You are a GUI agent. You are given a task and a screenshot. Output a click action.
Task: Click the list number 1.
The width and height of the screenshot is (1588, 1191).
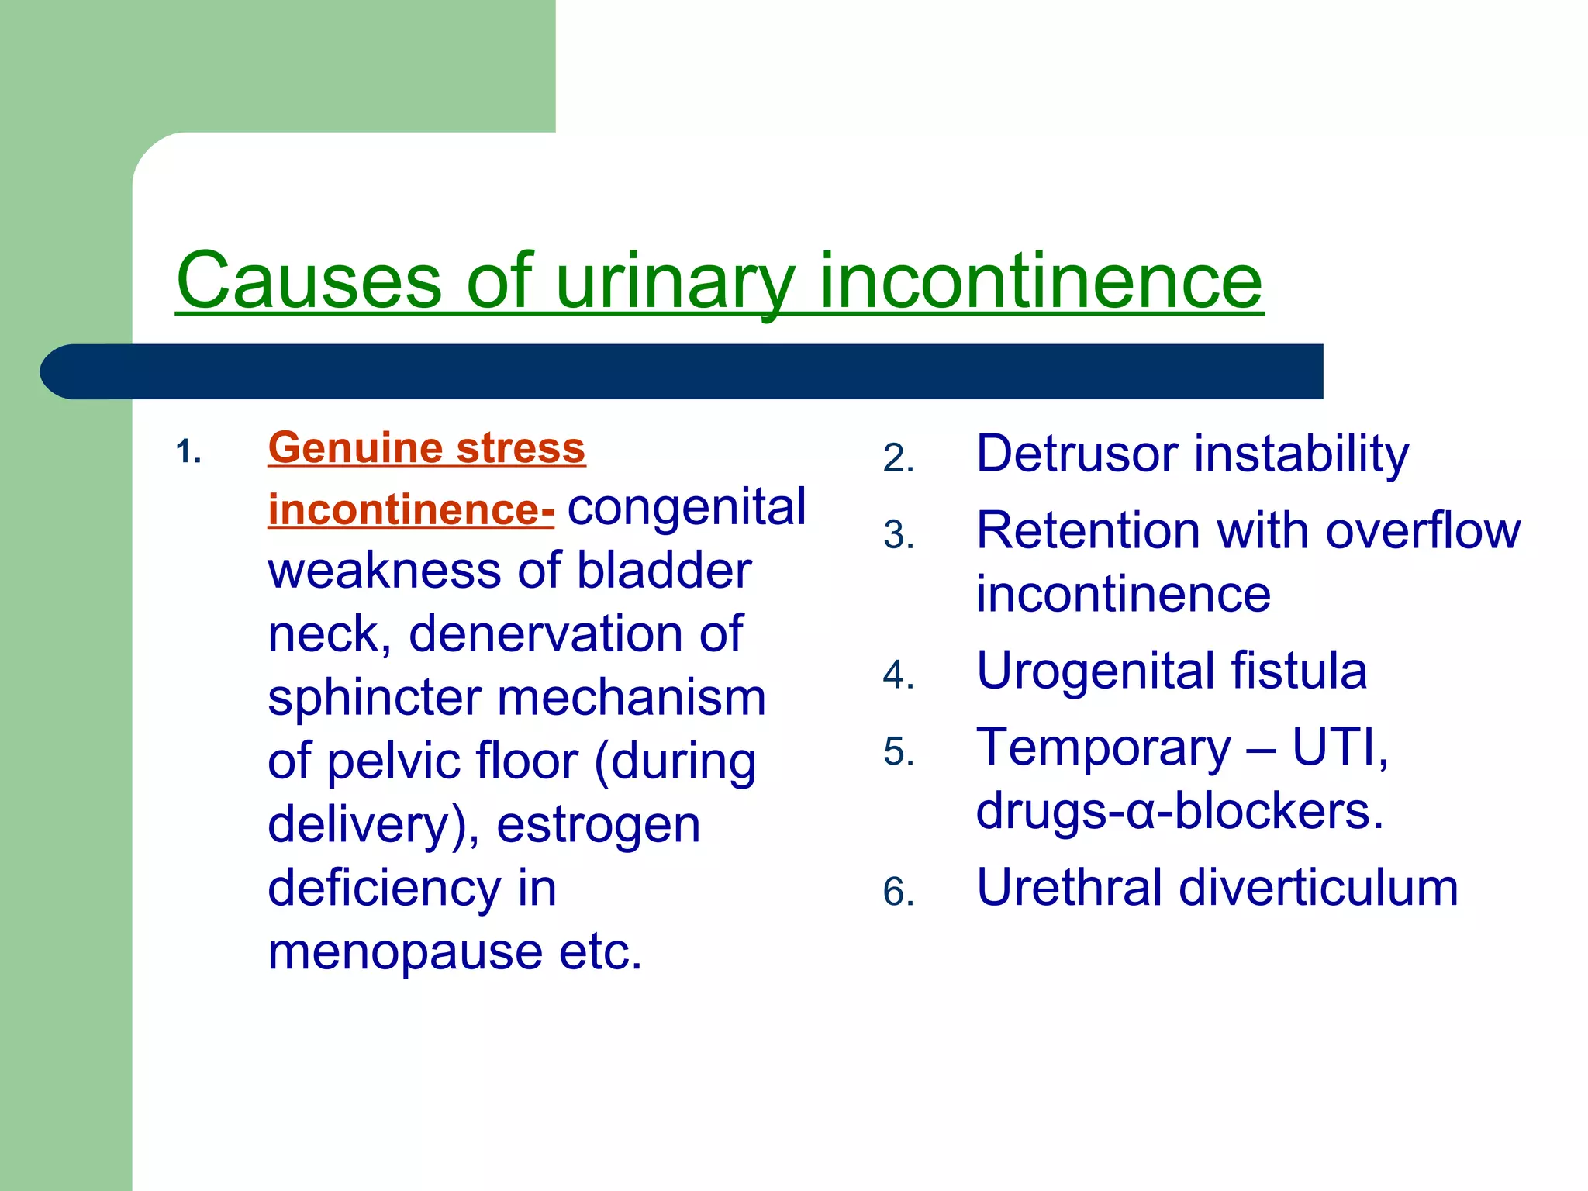click(188, 451)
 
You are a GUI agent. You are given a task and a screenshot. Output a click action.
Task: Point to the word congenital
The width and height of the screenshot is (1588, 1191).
click(687, 507)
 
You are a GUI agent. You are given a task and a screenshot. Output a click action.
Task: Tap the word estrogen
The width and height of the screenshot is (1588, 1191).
click(599, 824)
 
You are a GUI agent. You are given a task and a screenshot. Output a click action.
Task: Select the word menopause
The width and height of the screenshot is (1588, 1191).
click(405, 951)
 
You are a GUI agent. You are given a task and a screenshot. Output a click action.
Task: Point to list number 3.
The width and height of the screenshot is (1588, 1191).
click(899, 535)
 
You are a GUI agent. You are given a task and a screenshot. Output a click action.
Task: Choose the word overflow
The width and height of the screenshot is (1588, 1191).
click(1423, 531)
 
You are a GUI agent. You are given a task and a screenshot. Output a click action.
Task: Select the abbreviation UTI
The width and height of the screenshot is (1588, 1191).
click(1339, 747)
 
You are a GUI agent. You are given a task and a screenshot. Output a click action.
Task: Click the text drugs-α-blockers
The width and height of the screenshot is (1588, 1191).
click(1179, 811)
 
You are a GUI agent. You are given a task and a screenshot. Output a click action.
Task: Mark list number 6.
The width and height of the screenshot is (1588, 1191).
click(899, 892)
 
